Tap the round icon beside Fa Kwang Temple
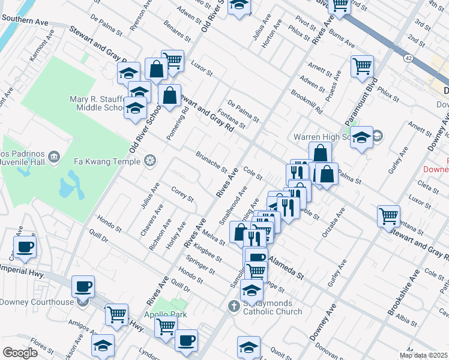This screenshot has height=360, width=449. pos(150,161)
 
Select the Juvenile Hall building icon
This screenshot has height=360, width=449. pos(55,157)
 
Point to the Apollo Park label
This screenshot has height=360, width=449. pos(164,314)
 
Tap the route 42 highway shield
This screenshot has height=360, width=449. pos(408,58)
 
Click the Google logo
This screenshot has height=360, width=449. pos(20,353)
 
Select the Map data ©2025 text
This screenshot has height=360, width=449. pos(423,355)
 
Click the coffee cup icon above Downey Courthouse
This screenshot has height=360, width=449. pos(83,286)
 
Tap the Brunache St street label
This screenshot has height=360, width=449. pos(211,161)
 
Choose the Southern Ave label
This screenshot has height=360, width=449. pos(25,20)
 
